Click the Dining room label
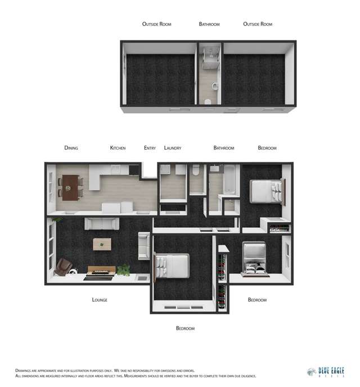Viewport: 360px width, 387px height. pos(71,148)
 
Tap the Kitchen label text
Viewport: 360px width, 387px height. pos(118,148)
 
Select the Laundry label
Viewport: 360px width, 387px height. pos(172,148)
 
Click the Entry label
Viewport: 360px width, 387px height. pos(150,148)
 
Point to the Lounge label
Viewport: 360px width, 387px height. pos(100,300)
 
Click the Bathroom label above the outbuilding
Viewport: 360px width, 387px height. pos(209,24)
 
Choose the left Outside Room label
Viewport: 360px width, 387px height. pos(156,24)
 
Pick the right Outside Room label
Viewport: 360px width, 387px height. pos(258,24)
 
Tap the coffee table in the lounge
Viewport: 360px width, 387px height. pos(102,244)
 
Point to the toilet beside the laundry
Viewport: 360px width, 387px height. pos(195,172)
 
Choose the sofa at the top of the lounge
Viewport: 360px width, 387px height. pos(101,223)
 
